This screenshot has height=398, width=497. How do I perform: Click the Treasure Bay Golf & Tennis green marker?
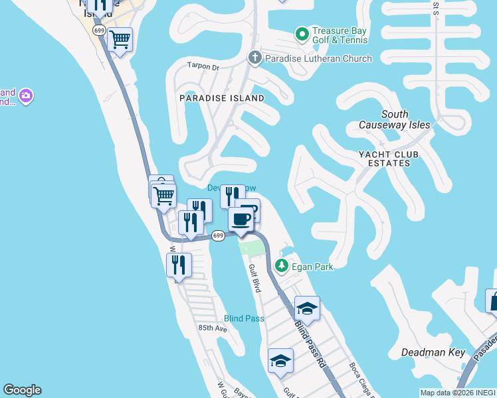point(302,33)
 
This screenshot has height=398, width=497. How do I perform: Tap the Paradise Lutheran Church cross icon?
point(254,58)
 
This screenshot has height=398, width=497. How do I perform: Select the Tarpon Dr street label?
point(203,66)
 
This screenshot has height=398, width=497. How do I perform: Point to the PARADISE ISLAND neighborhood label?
point(222,98)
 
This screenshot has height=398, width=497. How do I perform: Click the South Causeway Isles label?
point(395,119)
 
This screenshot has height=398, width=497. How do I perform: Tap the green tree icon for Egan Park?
point(282,266)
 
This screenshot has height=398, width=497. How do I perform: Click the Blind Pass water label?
point(244,318)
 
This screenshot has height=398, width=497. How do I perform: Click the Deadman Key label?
point(434,352)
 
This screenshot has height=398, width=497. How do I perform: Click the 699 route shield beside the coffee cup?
point(218,235)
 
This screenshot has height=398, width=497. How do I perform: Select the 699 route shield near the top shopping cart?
point(100,31)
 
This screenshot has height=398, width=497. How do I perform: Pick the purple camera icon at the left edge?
point(26,97)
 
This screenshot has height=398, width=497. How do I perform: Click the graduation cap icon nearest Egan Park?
point(307,308)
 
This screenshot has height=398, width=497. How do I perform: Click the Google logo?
point(22,390)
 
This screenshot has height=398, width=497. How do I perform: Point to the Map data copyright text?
point(457,393)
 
